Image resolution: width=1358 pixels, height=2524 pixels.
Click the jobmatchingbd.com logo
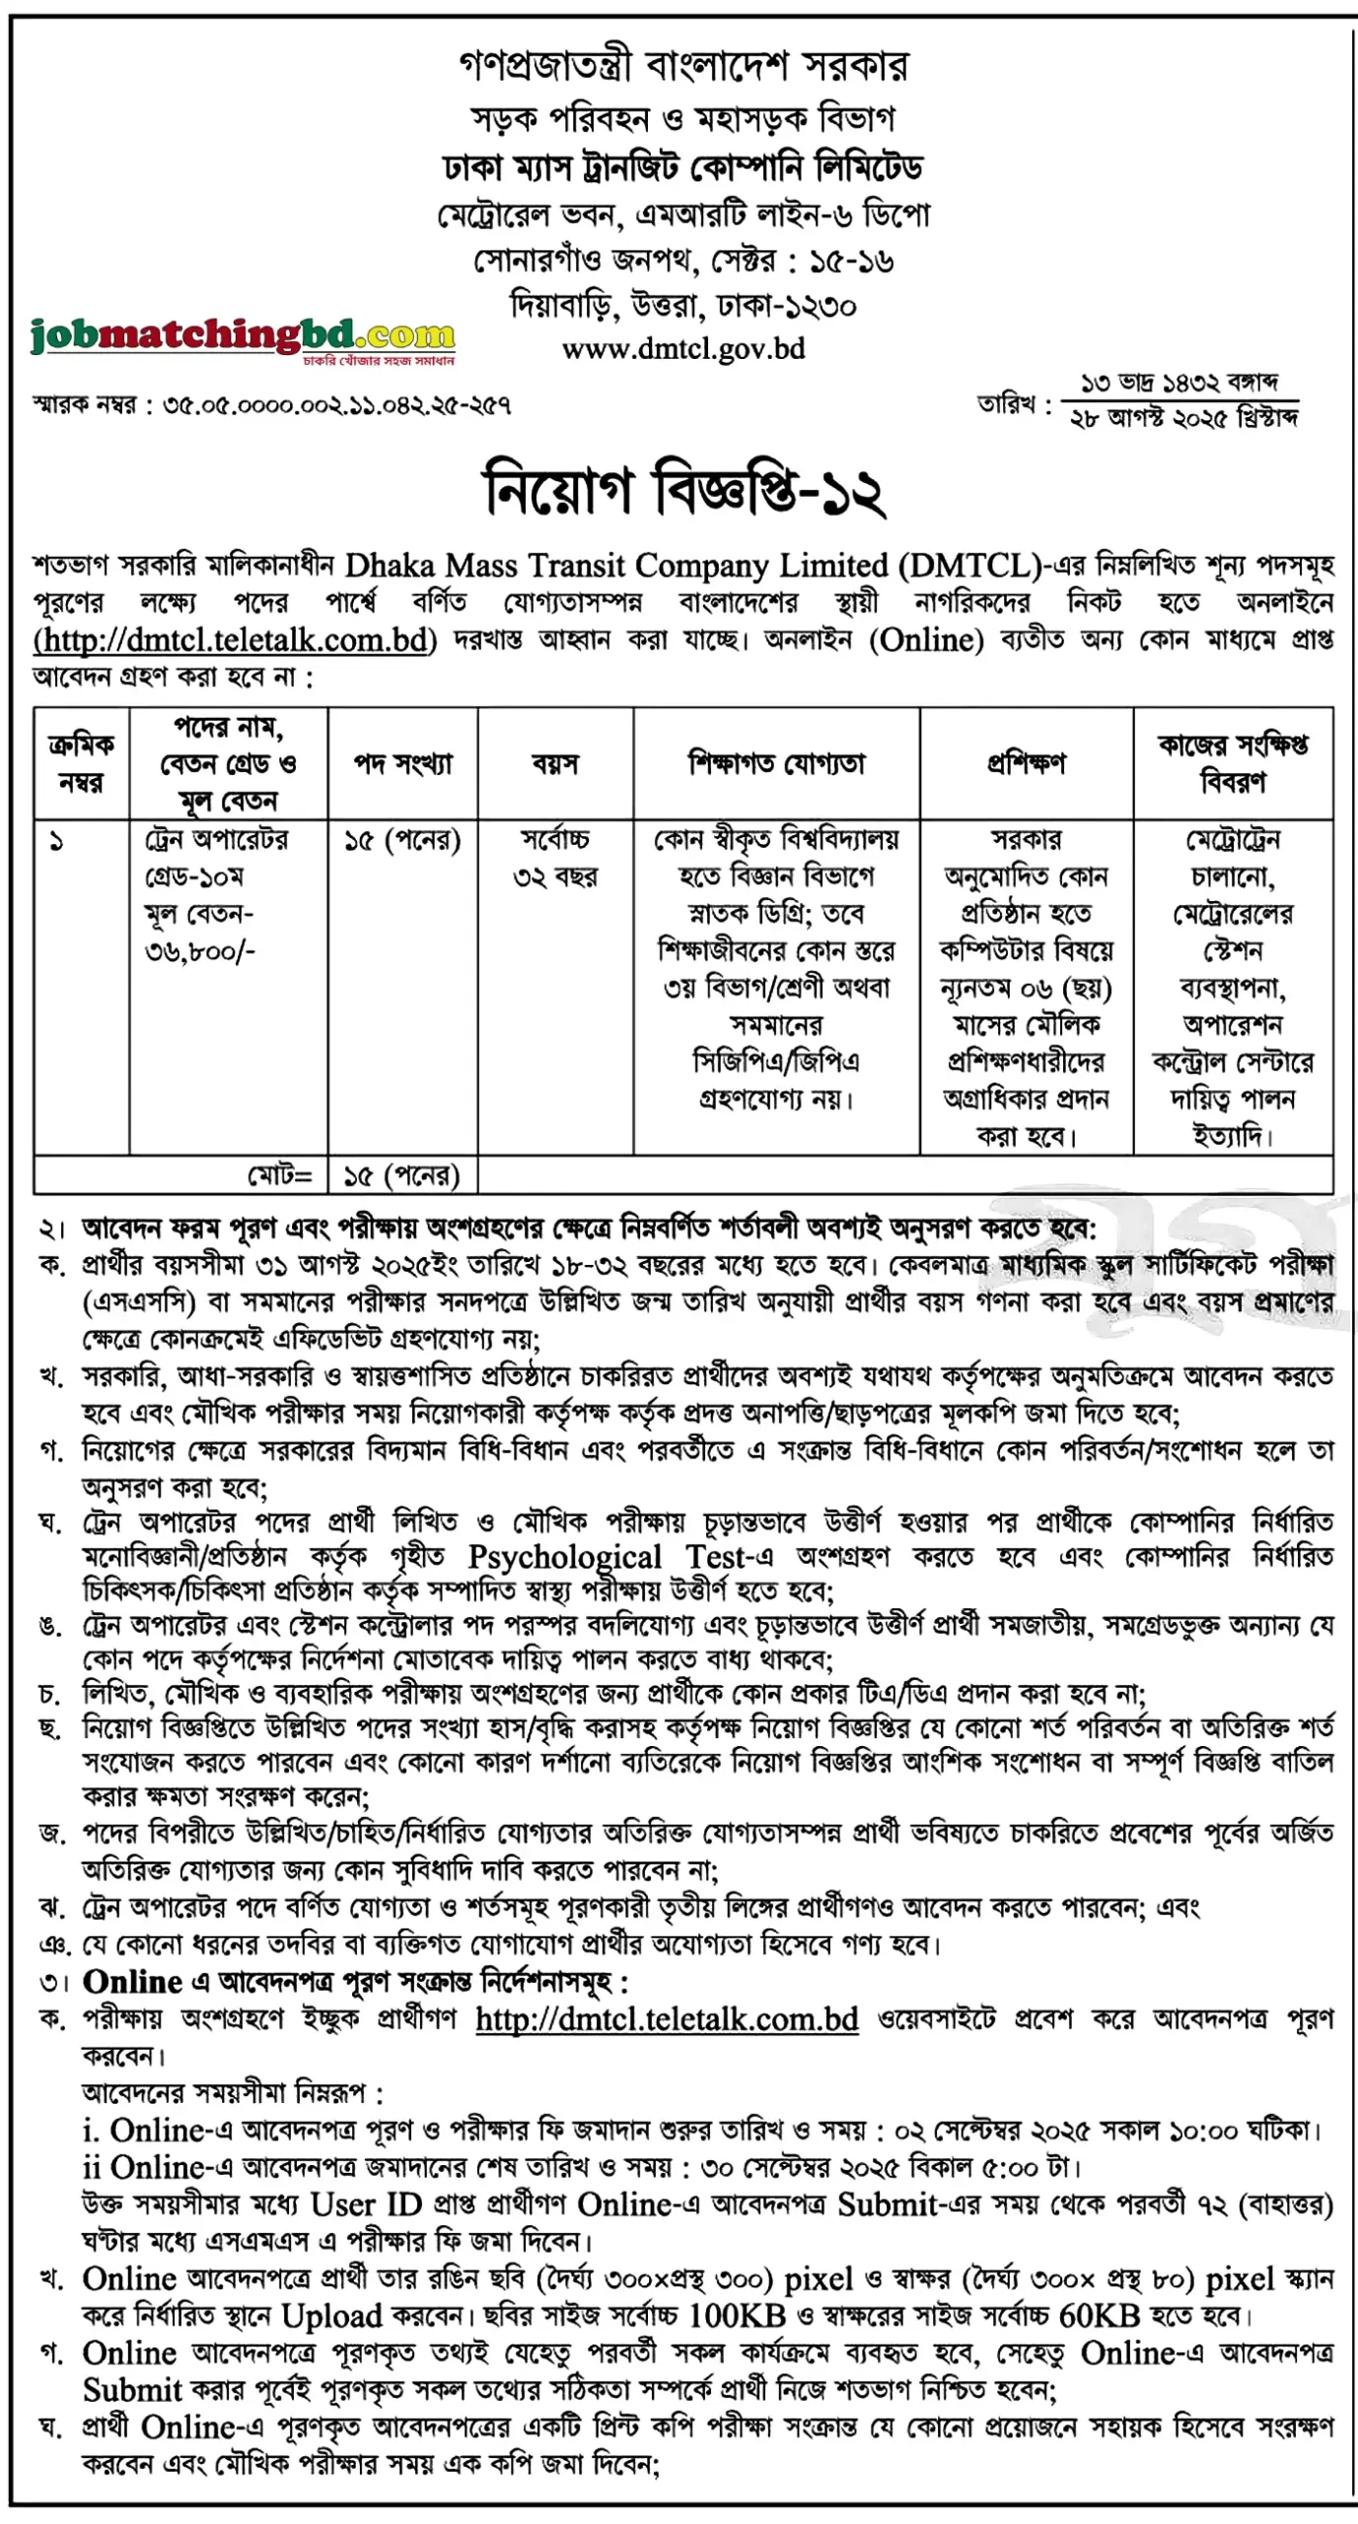click(x=243, y=337)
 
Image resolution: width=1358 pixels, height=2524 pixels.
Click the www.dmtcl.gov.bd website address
click(x=682, y=349)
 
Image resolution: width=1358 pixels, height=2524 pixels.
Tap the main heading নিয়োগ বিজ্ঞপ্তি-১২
click(x=682, y=490)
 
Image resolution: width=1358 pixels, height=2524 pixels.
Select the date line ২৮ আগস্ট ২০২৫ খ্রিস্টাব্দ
click(x=1183, y=418)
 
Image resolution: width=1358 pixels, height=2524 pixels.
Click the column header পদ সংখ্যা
click(x=402, y=763)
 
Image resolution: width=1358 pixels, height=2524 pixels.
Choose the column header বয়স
click(x=555, y=763)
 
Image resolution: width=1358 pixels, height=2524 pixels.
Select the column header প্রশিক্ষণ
click(x=1026, y=763)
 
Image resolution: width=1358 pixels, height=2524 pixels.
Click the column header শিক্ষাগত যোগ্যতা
click(x=776, y=763)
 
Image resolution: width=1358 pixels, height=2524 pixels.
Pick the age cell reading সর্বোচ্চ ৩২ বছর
click(x=555, y=858)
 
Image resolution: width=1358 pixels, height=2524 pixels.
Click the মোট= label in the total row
click(x=279, y=1175)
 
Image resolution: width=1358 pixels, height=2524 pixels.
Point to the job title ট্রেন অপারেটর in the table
click(x=217, y=840)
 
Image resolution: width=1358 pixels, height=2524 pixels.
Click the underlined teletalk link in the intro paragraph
click(x=235, y=641)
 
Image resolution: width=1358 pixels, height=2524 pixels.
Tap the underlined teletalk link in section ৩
click(x=667, y=2019)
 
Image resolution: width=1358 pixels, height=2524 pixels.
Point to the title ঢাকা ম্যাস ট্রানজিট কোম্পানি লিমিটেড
click(x=682, y=168)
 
